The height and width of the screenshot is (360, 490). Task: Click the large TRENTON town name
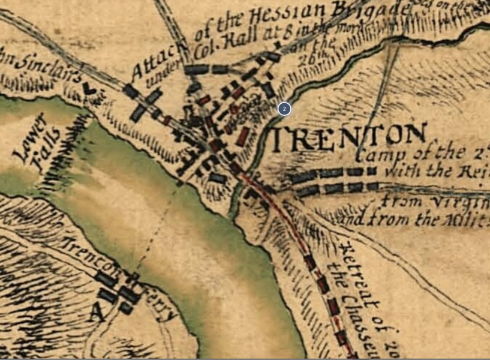point(350,139)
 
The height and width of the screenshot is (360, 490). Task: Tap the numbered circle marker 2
point(284,109)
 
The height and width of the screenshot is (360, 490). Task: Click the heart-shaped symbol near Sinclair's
point(89,88)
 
